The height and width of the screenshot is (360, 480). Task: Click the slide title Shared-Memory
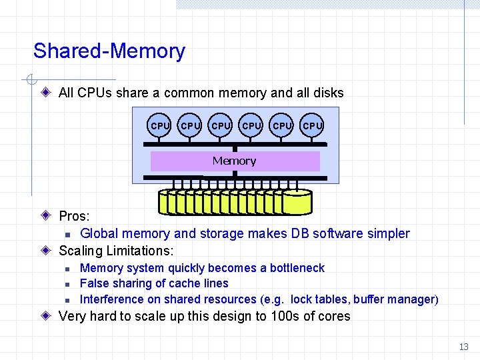(x=109, y=51)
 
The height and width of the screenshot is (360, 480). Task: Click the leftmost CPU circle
(x=160, y=125)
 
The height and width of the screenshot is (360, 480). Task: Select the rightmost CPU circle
(x=313, y=125)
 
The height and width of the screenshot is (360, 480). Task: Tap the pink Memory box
(x=235, y=161)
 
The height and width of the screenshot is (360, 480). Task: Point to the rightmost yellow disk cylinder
(x=297, y=202)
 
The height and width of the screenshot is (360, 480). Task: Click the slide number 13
(x=464, y=347)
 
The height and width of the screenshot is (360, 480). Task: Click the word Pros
(x=73, y=216)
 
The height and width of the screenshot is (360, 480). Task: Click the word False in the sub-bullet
(x=93, y=283)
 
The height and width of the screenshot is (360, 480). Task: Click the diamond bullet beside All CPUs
(x=45, y=93)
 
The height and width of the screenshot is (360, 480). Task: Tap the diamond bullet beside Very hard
(x=45, y=316)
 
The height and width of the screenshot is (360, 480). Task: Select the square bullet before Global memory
(x=67, y=234)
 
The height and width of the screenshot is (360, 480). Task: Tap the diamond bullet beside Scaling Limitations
(x=45, y=251)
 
